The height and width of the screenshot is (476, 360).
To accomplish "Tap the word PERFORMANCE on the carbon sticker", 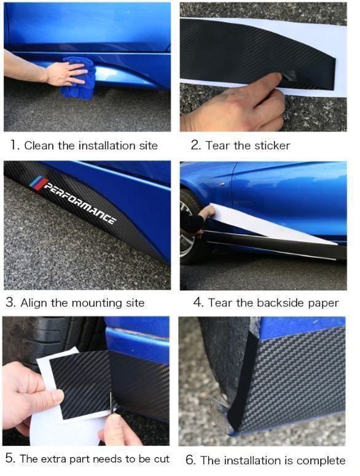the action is click(x=79, y=203).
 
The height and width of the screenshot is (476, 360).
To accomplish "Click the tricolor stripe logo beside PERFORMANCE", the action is click(x=39, y=183).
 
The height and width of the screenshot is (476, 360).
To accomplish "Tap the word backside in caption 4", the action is click(x=281, y=303).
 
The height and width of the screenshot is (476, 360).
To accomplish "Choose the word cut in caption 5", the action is click(x=162, y=459).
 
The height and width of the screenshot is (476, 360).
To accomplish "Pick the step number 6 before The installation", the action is click(x=190, y=460).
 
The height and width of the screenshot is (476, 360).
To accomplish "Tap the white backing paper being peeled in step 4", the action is click(x=267, y=225).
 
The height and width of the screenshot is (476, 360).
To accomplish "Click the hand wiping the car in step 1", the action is click(x=65, y=74).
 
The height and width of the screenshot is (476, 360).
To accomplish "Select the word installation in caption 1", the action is click(x=108, y=146).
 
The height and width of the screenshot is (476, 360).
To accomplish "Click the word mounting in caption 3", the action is click(x=97, y=303).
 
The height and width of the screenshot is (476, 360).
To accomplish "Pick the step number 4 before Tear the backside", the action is click(x=198, y=303).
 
